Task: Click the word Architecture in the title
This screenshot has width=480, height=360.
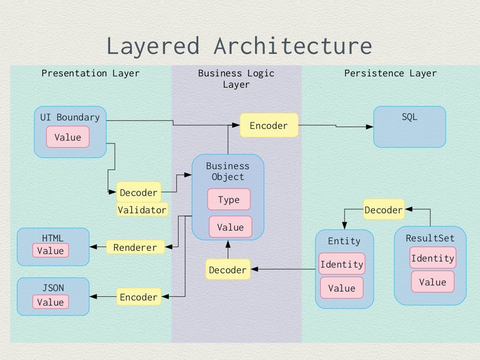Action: [x=292, y=46]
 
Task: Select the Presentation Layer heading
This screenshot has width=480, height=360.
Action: [x=90, y=73]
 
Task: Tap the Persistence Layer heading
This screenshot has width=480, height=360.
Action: [x=390, y=73]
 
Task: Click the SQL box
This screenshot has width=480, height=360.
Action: [x=409, y=127]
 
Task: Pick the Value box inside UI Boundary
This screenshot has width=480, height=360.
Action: [x=67, y=137]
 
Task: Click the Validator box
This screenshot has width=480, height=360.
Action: [x=142, y=210]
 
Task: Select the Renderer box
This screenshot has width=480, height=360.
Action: [x=135, y=247]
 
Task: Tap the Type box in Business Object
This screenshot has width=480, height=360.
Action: [x=229, y=200]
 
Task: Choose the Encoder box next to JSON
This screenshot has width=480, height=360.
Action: [x=138, y=297]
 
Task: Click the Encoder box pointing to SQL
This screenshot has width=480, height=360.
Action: [x=269, y=125]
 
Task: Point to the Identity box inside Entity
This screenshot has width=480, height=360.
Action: [x=342, y=264]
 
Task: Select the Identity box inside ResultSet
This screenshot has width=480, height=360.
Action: [x=432, y=258]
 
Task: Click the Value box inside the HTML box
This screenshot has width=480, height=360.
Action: [x=50, y=250]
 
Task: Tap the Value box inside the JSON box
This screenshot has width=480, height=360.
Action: [x=50, y=302]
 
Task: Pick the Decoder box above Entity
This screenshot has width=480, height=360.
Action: [x=383, y=210]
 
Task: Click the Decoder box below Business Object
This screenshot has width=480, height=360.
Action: [x=227, y=270]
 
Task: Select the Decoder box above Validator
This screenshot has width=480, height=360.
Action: [x=138, y=193]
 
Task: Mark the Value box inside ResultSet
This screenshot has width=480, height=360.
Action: [x=432, y=282]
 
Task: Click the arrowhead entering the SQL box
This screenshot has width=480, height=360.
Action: [x=370, y=127]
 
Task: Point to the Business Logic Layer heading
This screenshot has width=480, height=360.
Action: [x=236, y=78]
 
